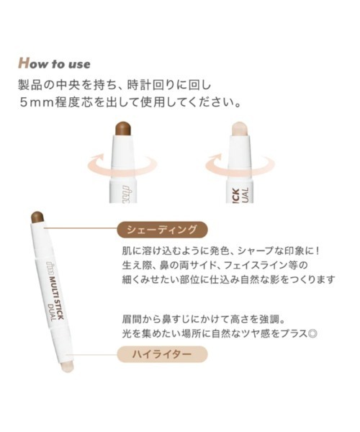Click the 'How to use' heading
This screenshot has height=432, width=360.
tap(54, 63)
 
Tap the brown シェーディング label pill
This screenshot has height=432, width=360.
tap(162, 230)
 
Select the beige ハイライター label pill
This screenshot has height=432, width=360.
tap(162, 354)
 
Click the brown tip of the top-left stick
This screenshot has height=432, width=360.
tap(124, 128)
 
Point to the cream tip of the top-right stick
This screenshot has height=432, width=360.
tap(240, 128)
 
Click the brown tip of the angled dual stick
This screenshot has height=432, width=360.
tap(37, 217)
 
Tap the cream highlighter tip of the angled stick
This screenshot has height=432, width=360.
tap(67, 367)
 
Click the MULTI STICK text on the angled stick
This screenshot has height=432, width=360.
tap(55, 294)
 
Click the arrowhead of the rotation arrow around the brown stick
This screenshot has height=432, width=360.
tap(99, 158)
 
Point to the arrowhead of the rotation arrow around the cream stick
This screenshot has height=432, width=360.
tap(217, 158)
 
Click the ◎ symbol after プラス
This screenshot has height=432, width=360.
tap(313, 333)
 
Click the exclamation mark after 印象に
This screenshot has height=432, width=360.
tap(317, 251)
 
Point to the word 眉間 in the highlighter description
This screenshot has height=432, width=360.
tap(131, 320)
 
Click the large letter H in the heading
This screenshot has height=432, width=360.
tap(24, 63)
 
